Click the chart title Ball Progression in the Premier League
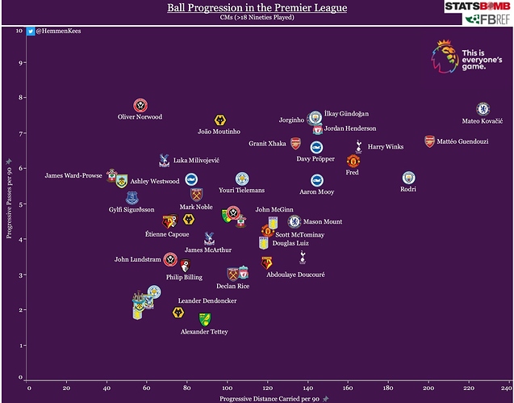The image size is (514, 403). [x=257, y=8]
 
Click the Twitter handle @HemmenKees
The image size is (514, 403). [x=60, y=31]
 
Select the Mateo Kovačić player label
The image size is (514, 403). [x=482, y=121]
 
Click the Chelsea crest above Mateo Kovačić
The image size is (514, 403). [x=483, y=107]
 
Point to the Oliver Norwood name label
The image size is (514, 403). [x=140, y=117]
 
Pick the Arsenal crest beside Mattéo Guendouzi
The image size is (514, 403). [x=430, y=141]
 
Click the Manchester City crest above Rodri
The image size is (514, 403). [x=408, y=177]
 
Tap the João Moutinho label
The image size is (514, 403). [x=219, y=132]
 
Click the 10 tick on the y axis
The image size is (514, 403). [x=19, y=31]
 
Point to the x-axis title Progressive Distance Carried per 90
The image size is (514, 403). [x=270, y=398]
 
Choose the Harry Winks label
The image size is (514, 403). [x=385, y=147]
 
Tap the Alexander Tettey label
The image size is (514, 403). [x=204, y=332]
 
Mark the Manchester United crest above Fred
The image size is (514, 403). [x=353, y=161]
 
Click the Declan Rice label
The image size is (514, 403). [x=232, y=286]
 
